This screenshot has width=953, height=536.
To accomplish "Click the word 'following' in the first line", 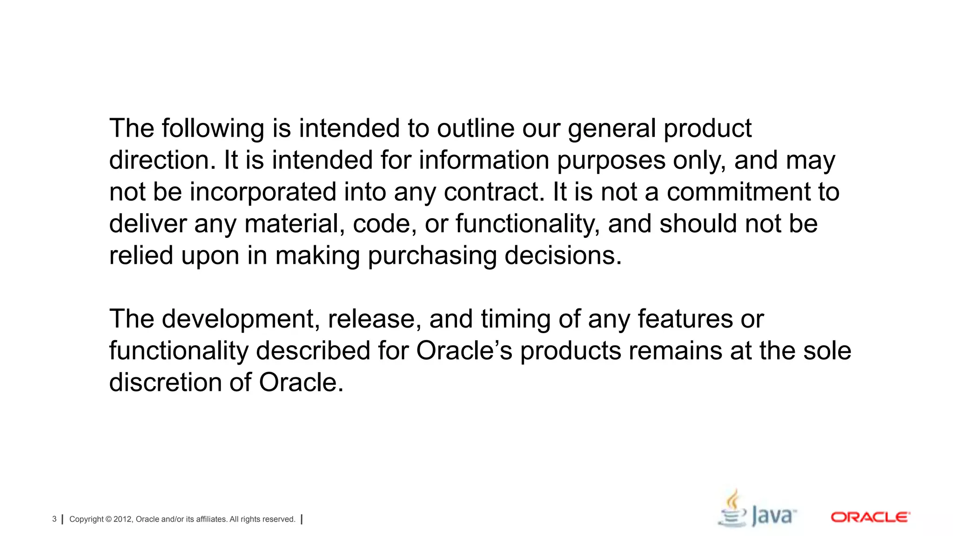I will [x=213, y=129].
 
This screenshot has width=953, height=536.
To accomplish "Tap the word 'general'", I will [x=611, y=129].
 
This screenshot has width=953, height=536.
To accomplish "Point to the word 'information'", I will [x=484, y=160].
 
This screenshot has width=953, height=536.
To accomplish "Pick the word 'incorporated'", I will [x=263, y=192].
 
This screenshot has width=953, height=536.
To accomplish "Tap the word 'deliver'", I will [x=148, y=224].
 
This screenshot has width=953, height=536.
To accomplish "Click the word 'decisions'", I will [x=563, y=255].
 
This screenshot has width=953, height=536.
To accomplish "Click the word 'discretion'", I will [x=165, y=382].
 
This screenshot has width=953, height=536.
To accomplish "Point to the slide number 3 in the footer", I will [x=54, y=519].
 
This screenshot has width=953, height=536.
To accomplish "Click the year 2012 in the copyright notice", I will [x=123, y=519].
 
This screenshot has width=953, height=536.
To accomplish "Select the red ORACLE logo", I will [x=870, y=517].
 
